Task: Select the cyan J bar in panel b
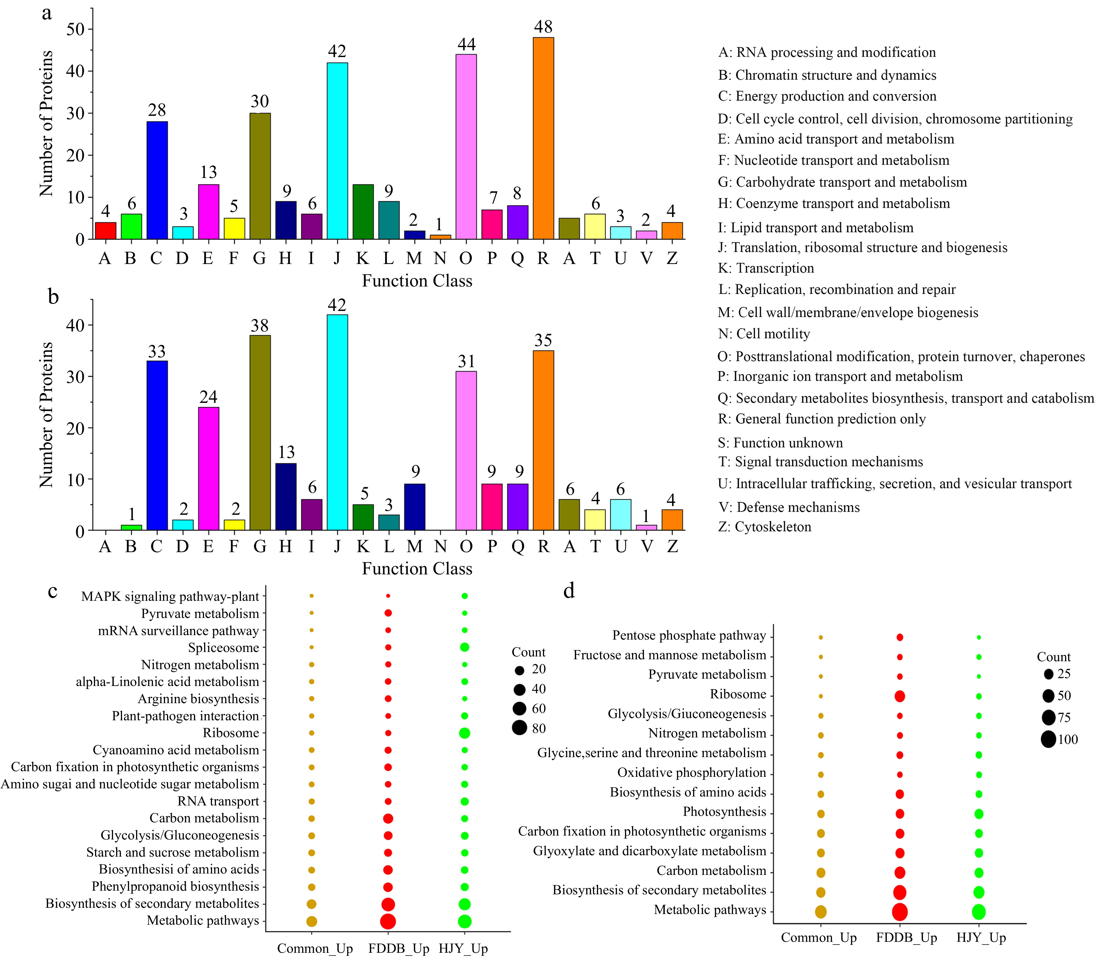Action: click(x=337, y=422)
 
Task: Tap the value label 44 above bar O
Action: click(x=466, y=44)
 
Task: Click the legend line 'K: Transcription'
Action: click(x=766, y=268)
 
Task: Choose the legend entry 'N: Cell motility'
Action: click(x=764, y=334)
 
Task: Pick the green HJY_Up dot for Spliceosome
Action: click(x=464, y=647)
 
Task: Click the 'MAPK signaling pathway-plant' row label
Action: click(x=170, y=597)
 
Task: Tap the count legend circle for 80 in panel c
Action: click(x=519, y=728)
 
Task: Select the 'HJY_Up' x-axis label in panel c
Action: click(x=463, y=949)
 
